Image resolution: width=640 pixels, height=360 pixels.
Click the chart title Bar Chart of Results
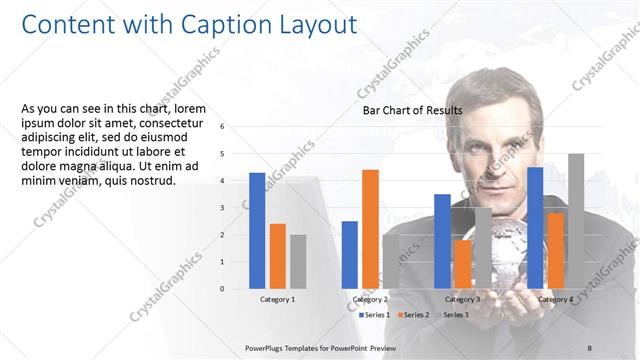point(412,110)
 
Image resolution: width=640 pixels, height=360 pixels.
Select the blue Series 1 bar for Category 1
point(257,230)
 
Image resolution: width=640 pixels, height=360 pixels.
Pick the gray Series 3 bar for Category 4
point(576,221)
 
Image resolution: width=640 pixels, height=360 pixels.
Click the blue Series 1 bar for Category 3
point(442,241)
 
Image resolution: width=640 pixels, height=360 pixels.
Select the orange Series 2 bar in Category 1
point(277,256)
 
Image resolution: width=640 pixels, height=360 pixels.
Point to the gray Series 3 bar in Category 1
point(298,261)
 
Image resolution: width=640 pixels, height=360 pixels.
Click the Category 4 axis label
point(555,299)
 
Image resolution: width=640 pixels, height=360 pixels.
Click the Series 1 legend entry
point(375,314)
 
